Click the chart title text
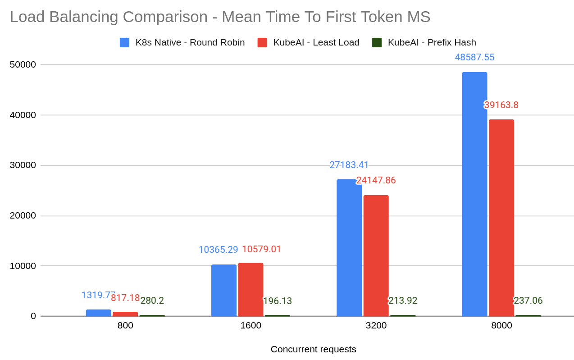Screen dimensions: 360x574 [x=220, y=17]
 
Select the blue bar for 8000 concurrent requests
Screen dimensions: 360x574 [x=474, y=194]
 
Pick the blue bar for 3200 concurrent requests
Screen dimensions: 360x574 [x=349, y=248]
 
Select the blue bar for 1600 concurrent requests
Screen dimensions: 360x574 [x=223, y=290]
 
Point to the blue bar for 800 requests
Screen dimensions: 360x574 [x=98, y=313]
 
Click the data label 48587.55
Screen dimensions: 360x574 [x=474, y=57]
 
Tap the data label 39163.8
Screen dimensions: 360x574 [x=501, y=105]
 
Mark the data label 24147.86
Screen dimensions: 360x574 [x=376, y=180]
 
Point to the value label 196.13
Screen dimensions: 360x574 [x=277, y=301]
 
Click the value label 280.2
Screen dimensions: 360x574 [x=152, y=301]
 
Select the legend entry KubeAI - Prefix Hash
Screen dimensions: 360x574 [x=424, y=42]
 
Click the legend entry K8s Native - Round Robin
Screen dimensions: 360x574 [x=182, y=42]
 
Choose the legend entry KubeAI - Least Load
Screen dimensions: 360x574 [x=309, y=42]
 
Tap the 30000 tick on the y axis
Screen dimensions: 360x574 [x=23, y=165]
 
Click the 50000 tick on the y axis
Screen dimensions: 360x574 [x=23, y=64]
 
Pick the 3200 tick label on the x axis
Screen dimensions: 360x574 [x=376, y=325]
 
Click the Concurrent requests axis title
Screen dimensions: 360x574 [x=313, y=349]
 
